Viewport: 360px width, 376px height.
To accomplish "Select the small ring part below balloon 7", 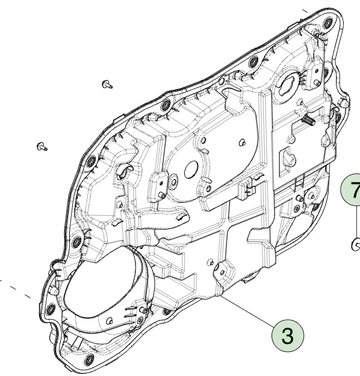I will click(x=355, y=244).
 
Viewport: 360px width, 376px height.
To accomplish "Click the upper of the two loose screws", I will click(x=107, y=85).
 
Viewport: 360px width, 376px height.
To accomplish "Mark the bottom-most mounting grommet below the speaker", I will click(x=89, y=360).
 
